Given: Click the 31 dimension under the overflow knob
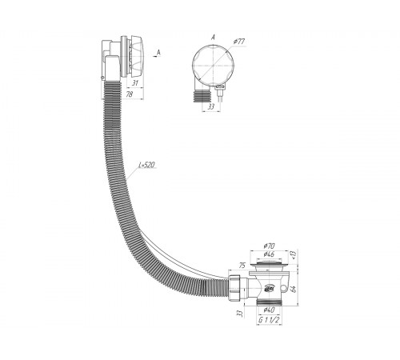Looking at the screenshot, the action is (135, 83).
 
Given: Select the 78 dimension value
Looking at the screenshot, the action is (130, 94).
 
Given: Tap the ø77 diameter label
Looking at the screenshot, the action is (238, 42).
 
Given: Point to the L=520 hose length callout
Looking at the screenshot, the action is (146, 165).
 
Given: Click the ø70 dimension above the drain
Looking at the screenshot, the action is (269, 246).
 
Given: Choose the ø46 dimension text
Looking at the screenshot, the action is (269, 254).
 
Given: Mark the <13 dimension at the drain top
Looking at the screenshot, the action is (294, 254).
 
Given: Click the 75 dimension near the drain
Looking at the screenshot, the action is (242, 266).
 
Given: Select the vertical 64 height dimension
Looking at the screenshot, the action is (294, 289).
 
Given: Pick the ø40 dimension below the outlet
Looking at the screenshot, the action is (269, 310).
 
